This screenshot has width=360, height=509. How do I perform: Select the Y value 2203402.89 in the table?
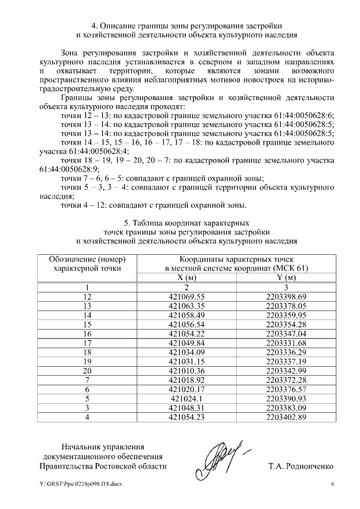coord(286,417)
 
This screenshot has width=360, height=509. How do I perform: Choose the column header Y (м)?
coord(286,277)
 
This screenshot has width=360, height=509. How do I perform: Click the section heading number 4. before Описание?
coord(94,26)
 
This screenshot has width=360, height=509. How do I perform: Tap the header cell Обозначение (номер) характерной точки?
coord(87,264)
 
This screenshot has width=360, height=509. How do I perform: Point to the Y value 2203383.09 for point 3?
coord(286,408)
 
